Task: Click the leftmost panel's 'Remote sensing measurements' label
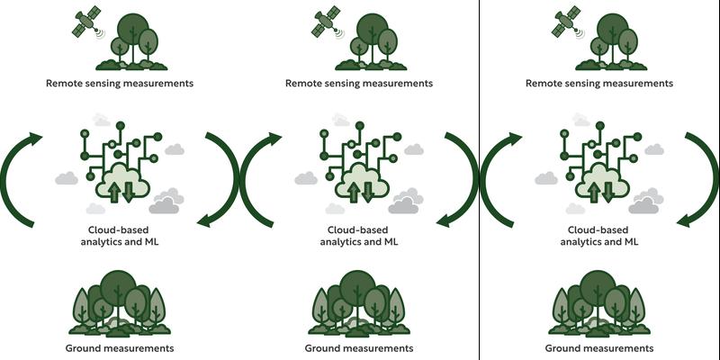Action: pos(120,84)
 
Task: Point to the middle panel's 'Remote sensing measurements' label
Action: pos(359,84)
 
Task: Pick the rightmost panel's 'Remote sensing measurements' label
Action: pos(598,84)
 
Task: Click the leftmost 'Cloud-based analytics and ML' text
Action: pos(120,236)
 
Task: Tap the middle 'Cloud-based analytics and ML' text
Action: pos(359,236)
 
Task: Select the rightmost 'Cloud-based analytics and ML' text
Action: pos(598,236)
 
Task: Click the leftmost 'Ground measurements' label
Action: pos(120,348)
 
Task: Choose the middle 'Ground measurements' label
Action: pos(359,348)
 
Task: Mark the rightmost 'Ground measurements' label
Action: pos(598,348)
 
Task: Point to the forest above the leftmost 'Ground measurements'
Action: pos(120,306)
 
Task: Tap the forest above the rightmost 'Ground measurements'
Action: pos(598,306)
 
